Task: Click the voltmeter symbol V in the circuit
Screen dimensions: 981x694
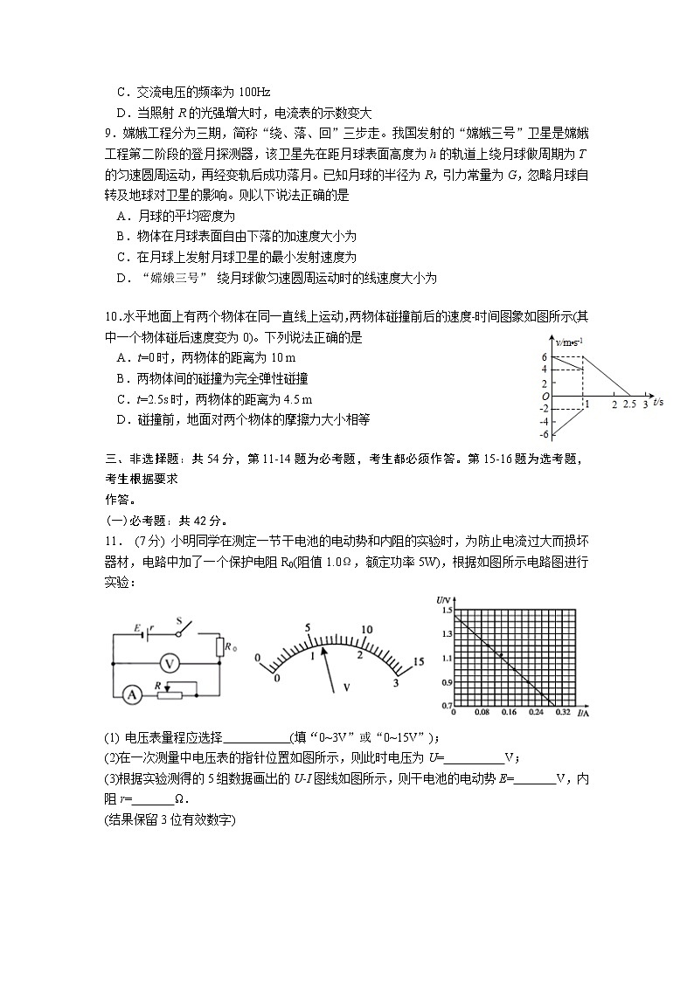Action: (173, 663)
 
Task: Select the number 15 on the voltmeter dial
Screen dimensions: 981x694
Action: (418, 661)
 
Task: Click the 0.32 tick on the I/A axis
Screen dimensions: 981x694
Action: (556, 714)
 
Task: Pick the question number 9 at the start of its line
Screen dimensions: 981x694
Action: (108, 133)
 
